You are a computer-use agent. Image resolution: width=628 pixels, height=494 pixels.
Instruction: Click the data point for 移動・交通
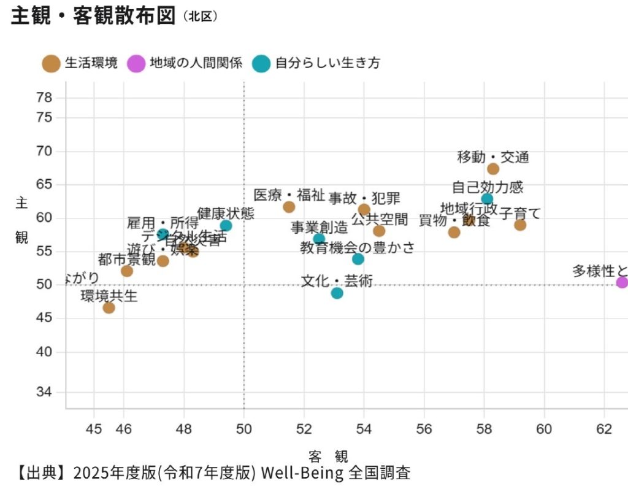tap(493, 169)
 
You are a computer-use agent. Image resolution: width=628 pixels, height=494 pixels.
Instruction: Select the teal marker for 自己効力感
tap(487, 199)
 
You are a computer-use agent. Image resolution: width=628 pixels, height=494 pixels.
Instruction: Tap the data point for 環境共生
tap(109, 307)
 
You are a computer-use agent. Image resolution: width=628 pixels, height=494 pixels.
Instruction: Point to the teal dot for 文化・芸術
tap(337, 293)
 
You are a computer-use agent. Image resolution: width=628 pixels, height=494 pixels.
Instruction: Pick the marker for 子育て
tap(520, 225)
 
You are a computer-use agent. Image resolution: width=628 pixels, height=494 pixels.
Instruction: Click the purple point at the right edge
tap(622, 282)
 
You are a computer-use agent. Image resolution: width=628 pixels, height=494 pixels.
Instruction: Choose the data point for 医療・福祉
tap(289, 207)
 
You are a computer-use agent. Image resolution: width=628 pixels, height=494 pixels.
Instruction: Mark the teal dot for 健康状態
tap(226, 225)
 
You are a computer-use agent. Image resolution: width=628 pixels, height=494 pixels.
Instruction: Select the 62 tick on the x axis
tap(604, 428)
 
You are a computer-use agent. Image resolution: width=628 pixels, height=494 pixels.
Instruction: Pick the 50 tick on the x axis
tap(243, 428)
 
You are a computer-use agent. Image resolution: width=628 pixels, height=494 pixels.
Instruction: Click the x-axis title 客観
tap(328, 456)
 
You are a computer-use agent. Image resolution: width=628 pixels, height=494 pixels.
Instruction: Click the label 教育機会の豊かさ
tap(357, 248)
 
